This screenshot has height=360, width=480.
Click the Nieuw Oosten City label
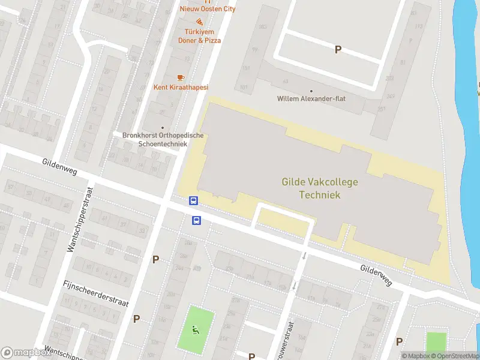tap(208, 9)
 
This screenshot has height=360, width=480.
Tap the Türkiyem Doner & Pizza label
tap(200, 36)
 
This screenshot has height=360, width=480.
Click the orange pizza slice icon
tap(199, 22)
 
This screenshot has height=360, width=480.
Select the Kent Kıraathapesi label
tap(181, 88)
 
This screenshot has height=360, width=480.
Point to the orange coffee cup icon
tap(180, 77)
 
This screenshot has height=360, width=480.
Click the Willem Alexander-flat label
tap(311, 99)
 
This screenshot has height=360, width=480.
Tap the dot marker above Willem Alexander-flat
tap(311, 90)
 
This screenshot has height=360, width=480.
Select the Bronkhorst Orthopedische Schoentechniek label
tap(163, 139)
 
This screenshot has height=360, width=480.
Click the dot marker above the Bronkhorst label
tap(162, 127)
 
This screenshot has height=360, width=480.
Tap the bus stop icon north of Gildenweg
tap(194, 201)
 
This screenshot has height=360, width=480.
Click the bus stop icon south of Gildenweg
tap(196, 220)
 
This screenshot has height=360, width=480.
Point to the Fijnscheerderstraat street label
tap(96, 293)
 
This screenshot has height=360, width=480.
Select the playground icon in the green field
tap(194, 329)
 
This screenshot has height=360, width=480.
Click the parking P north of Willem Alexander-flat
tap(338, 50)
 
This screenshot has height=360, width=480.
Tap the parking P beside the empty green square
tap(399, 341)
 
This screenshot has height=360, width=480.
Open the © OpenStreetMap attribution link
tap(454, 356)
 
